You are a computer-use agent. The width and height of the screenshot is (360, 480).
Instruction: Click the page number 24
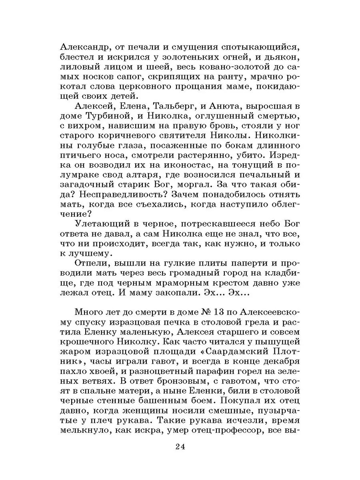click(180, 447)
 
